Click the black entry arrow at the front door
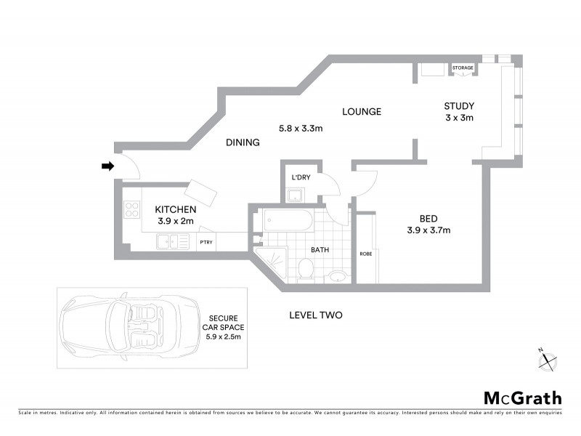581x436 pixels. (107, 166)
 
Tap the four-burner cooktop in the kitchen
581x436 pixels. (132, 210)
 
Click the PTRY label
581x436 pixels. (206, 243)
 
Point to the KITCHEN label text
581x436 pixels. (176, 209)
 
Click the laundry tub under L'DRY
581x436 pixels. (296, 195)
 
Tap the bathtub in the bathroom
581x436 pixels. (288, 220)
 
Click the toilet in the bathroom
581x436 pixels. (305, 270)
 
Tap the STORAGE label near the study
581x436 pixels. (463, 68)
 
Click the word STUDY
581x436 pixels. (459, 107)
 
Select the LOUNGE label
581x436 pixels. (362, 112)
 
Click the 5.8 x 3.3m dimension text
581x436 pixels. (301, 129)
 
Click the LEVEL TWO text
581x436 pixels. (315, 315)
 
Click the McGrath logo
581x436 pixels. (523, 397)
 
